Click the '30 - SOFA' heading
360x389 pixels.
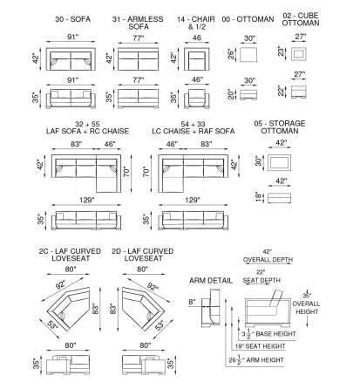pyautogui.click(x=72, y=19)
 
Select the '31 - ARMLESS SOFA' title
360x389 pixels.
pyautogui.click(x=138, y=23)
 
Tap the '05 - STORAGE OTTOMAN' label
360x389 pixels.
pyautogui.click(x=280, y=127)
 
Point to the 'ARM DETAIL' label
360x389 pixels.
pyautogui.click(x=211, y=281)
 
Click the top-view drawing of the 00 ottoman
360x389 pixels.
pyautogui.click(x=248, y=54)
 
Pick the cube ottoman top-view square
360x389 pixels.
pyautogui.click(x=299, y=53)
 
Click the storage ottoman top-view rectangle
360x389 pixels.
pyautogui.click(x=279, y=162)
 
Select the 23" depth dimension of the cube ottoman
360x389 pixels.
pyautogui.click(x=281, y=51)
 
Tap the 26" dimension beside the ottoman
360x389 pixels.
pyautogui.click(x=231, y=54)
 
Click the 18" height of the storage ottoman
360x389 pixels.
pyautogui.click(x=259, y=196)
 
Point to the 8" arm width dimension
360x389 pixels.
pyautogui.click(x=192, y=302)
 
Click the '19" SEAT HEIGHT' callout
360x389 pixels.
pyautogui.click(x=260, y=346)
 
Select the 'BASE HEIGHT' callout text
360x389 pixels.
pyautogui.click(x=275, y=334)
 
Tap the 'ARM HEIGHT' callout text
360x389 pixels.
pyautogui.click(x=265, y=360)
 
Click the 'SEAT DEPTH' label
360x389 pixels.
pyautogui.click(x=262, y=280)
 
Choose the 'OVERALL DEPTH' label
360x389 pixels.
pyautogui.click(x=268, y=260)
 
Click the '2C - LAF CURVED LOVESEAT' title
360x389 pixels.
pyautogui.click(x=70, y=255)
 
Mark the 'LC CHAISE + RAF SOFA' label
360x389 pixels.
pyautogui.click(x=194, y=131)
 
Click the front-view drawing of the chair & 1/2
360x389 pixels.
pyautogui.click(x=197, y=98)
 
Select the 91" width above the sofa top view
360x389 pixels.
pyautogui.click(x=72, y=38)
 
